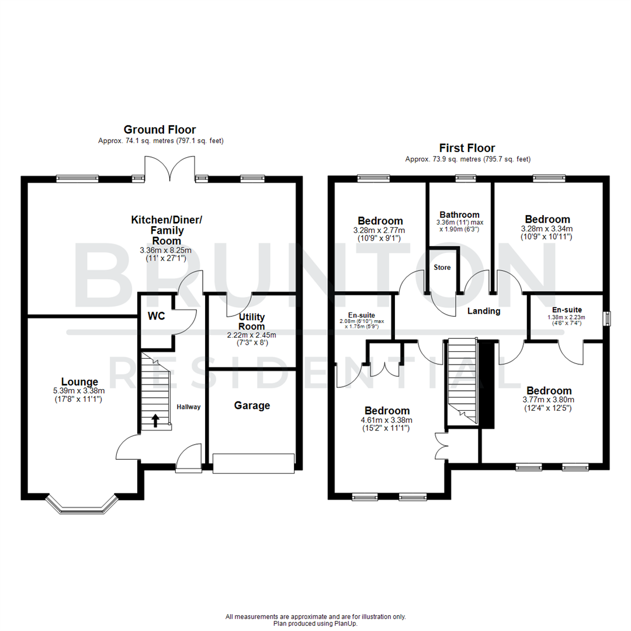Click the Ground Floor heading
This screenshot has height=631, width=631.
point(160,130)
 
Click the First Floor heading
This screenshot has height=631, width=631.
point(467,148)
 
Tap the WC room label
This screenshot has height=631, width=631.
point(157,315)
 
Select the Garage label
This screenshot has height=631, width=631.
point(252,405)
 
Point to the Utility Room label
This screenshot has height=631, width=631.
point(252,321)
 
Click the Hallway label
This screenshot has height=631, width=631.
point(188,407)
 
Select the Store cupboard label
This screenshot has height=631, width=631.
point(442,268)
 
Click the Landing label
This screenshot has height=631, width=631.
point(484,311)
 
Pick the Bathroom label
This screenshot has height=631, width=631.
point(459,214)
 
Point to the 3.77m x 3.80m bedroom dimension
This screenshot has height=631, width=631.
point(549,400)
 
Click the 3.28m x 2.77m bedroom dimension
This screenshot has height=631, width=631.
point(380,230)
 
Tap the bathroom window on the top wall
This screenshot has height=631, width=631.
point(466,179)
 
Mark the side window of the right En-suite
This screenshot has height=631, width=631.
point(608,318)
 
